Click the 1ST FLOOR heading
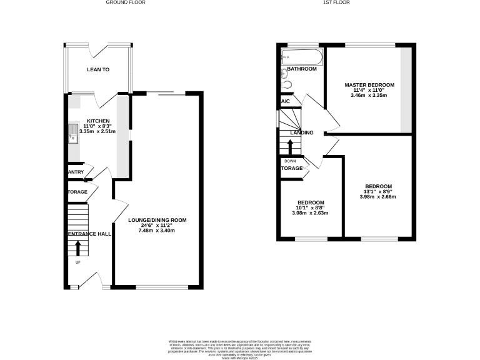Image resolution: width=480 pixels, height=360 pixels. tap(336, 3)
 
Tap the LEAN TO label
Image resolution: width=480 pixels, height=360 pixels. tap(98, 70)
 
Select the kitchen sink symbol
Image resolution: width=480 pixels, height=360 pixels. tap(73, 134)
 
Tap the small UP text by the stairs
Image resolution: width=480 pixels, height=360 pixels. tap(77, 262)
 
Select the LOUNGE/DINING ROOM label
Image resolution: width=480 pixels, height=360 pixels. tap(157, 221)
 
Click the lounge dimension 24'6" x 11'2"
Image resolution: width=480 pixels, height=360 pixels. tap(157, 226)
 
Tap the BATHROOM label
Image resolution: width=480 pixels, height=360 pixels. tap(301, 69)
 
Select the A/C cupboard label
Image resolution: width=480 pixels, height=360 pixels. tap(286, 101)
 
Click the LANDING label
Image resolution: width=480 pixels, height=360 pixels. tap(301, 132)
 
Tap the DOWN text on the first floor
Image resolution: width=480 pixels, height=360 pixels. tap(289, 161)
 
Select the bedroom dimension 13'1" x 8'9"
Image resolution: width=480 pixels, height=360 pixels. tap(378, 192)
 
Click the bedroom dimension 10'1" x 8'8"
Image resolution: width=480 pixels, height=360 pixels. tap(311, 208)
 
